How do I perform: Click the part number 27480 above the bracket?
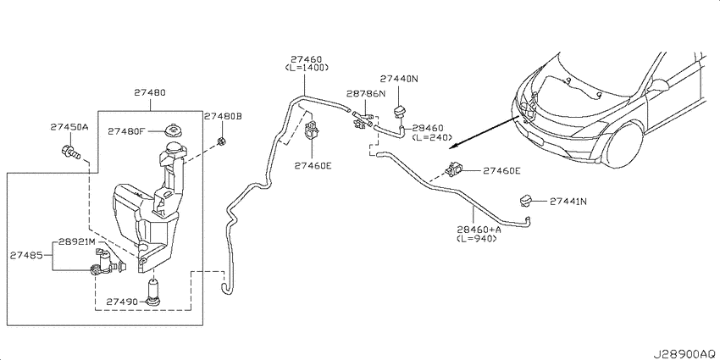click(150, 92)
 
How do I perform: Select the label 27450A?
click(69, 127)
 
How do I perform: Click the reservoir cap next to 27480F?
click(174, 129)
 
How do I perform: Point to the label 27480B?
click(223, 116)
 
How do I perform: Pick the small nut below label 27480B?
click(221, 141)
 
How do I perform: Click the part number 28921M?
click(77, 241)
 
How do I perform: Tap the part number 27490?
click(122, 302)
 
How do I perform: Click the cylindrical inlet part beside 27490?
click(153, 292)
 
